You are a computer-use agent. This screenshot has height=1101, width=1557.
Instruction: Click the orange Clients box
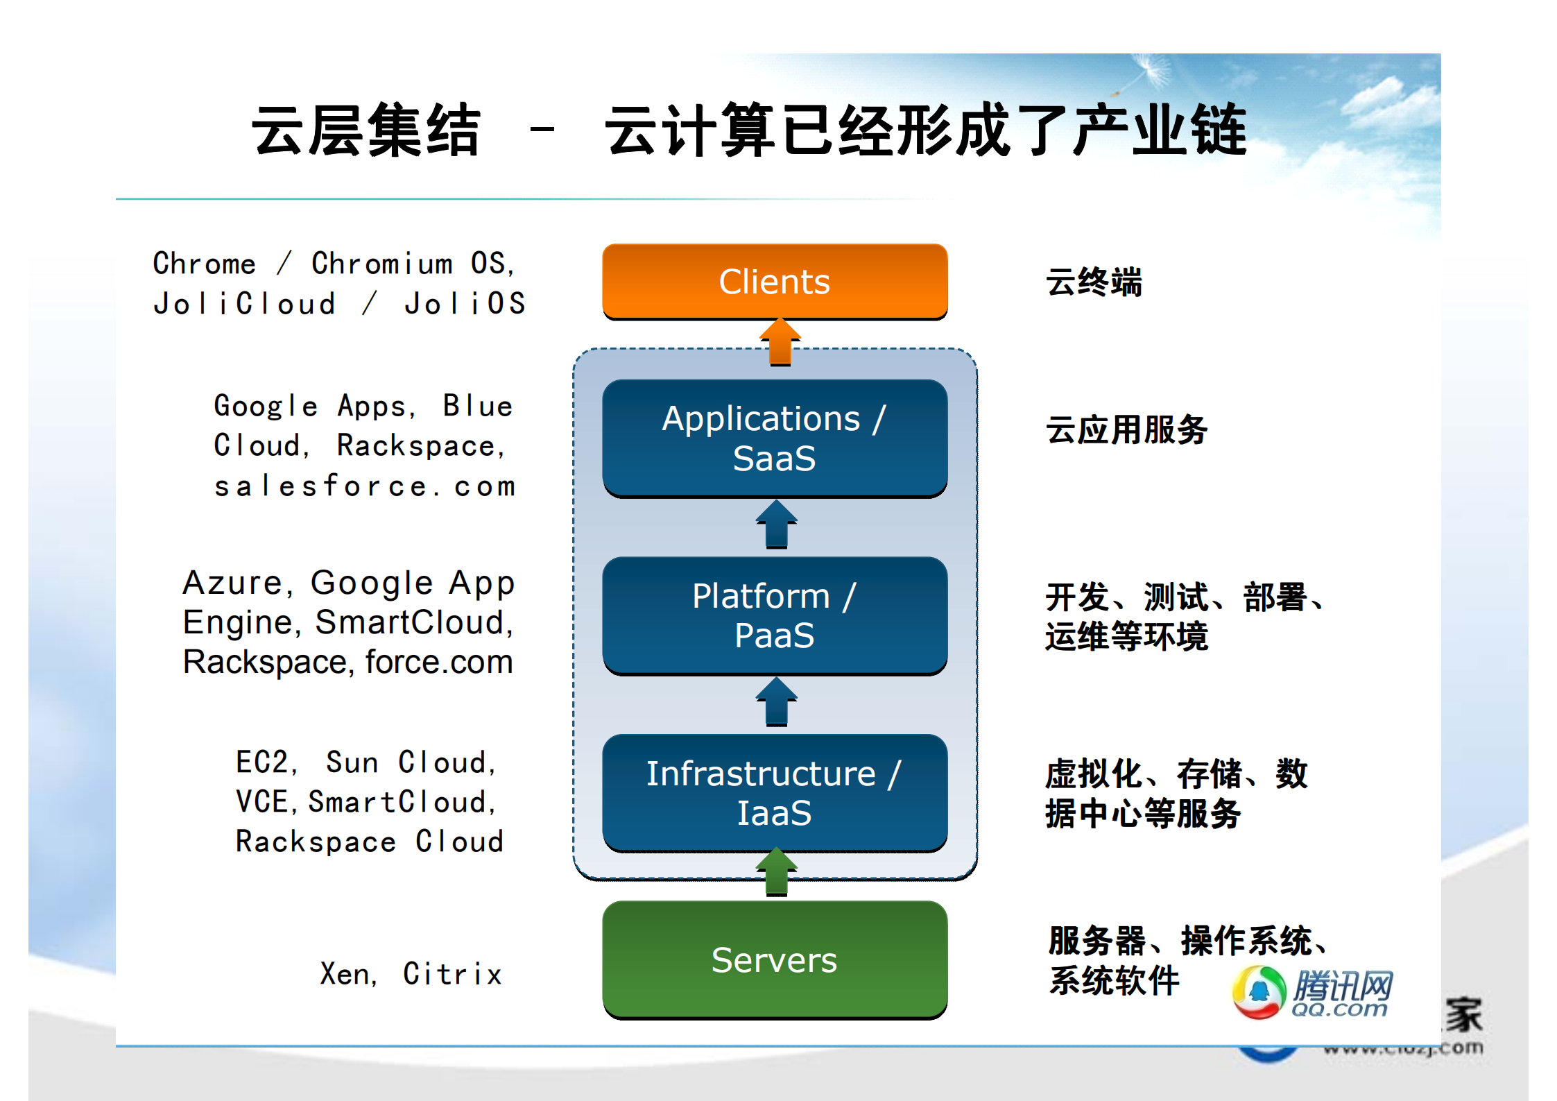point(775,281)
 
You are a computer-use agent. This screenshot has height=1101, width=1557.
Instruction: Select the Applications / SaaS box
point(775,438)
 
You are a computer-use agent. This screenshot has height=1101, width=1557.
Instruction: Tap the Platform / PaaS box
point(775,615)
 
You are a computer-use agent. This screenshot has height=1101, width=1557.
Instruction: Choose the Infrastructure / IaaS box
point(775,792)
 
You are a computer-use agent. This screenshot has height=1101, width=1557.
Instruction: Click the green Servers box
point(775,959)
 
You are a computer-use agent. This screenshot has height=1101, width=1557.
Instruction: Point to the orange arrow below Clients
point(780,341)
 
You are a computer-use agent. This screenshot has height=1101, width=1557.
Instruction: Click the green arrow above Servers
point(777,871)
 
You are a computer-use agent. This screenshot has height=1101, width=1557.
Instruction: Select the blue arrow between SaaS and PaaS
point(777,524)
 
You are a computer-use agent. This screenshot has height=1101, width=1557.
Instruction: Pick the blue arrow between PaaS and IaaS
point(777,701)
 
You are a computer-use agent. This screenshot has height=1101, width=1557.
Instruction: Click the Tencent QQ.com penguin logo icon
point(1259,992)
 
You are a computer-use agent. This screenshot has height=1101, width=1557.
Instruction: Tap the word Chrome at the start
point(205,264)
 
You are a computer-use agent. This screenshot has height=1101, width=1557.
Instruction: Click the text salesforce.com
point(365,486)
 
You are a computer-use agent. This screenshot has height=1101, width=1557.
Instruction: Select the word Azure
point(233,583)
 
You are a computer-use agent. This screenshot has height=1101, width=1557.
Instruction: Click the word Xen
point(345,974)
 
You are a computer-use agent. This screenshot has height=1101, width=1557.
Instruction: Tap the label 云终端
point(1094,282)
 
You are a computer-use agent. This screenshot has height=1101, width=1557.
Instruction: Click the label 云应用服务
point(1126,429)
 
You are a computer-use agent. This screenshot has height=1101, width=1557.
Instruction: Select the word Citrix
point(452,974)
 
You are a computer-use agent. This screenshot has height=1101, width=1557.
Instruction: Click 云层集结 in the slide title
point(365,130)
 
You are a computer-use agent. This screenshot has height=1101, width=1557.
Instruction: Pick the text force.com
point(439,662)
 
